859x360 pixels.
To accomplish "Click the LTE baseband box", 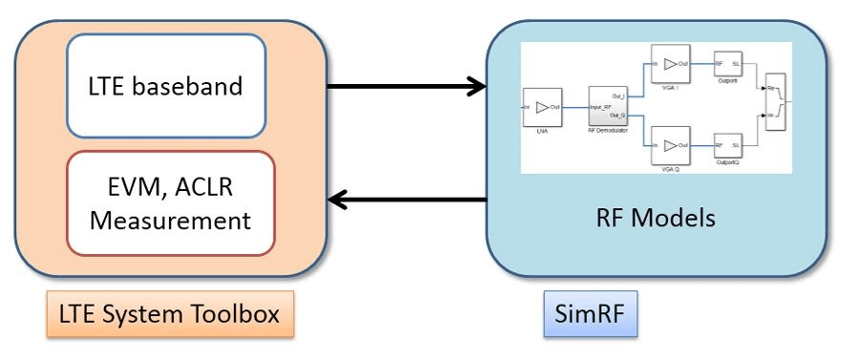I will (x=165, y=86).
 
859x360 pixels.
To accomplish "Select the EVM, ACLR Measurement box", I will (x=170, y=203).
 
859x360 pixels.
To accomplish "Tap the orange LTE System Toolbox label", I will (x=168, y=313).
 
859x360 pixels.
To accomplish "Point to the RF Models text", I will (x=655, y=218).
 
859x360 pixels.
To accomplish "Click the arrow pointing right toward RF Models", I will (x=407, y=86).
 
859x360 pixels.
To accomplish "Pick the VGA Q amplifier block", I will (x=670, y=146).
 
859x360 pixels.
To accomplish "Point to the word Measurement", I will (x=169, y=222).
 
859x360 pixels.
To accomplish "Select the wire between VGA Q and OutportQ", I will (x=702, y=146).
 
